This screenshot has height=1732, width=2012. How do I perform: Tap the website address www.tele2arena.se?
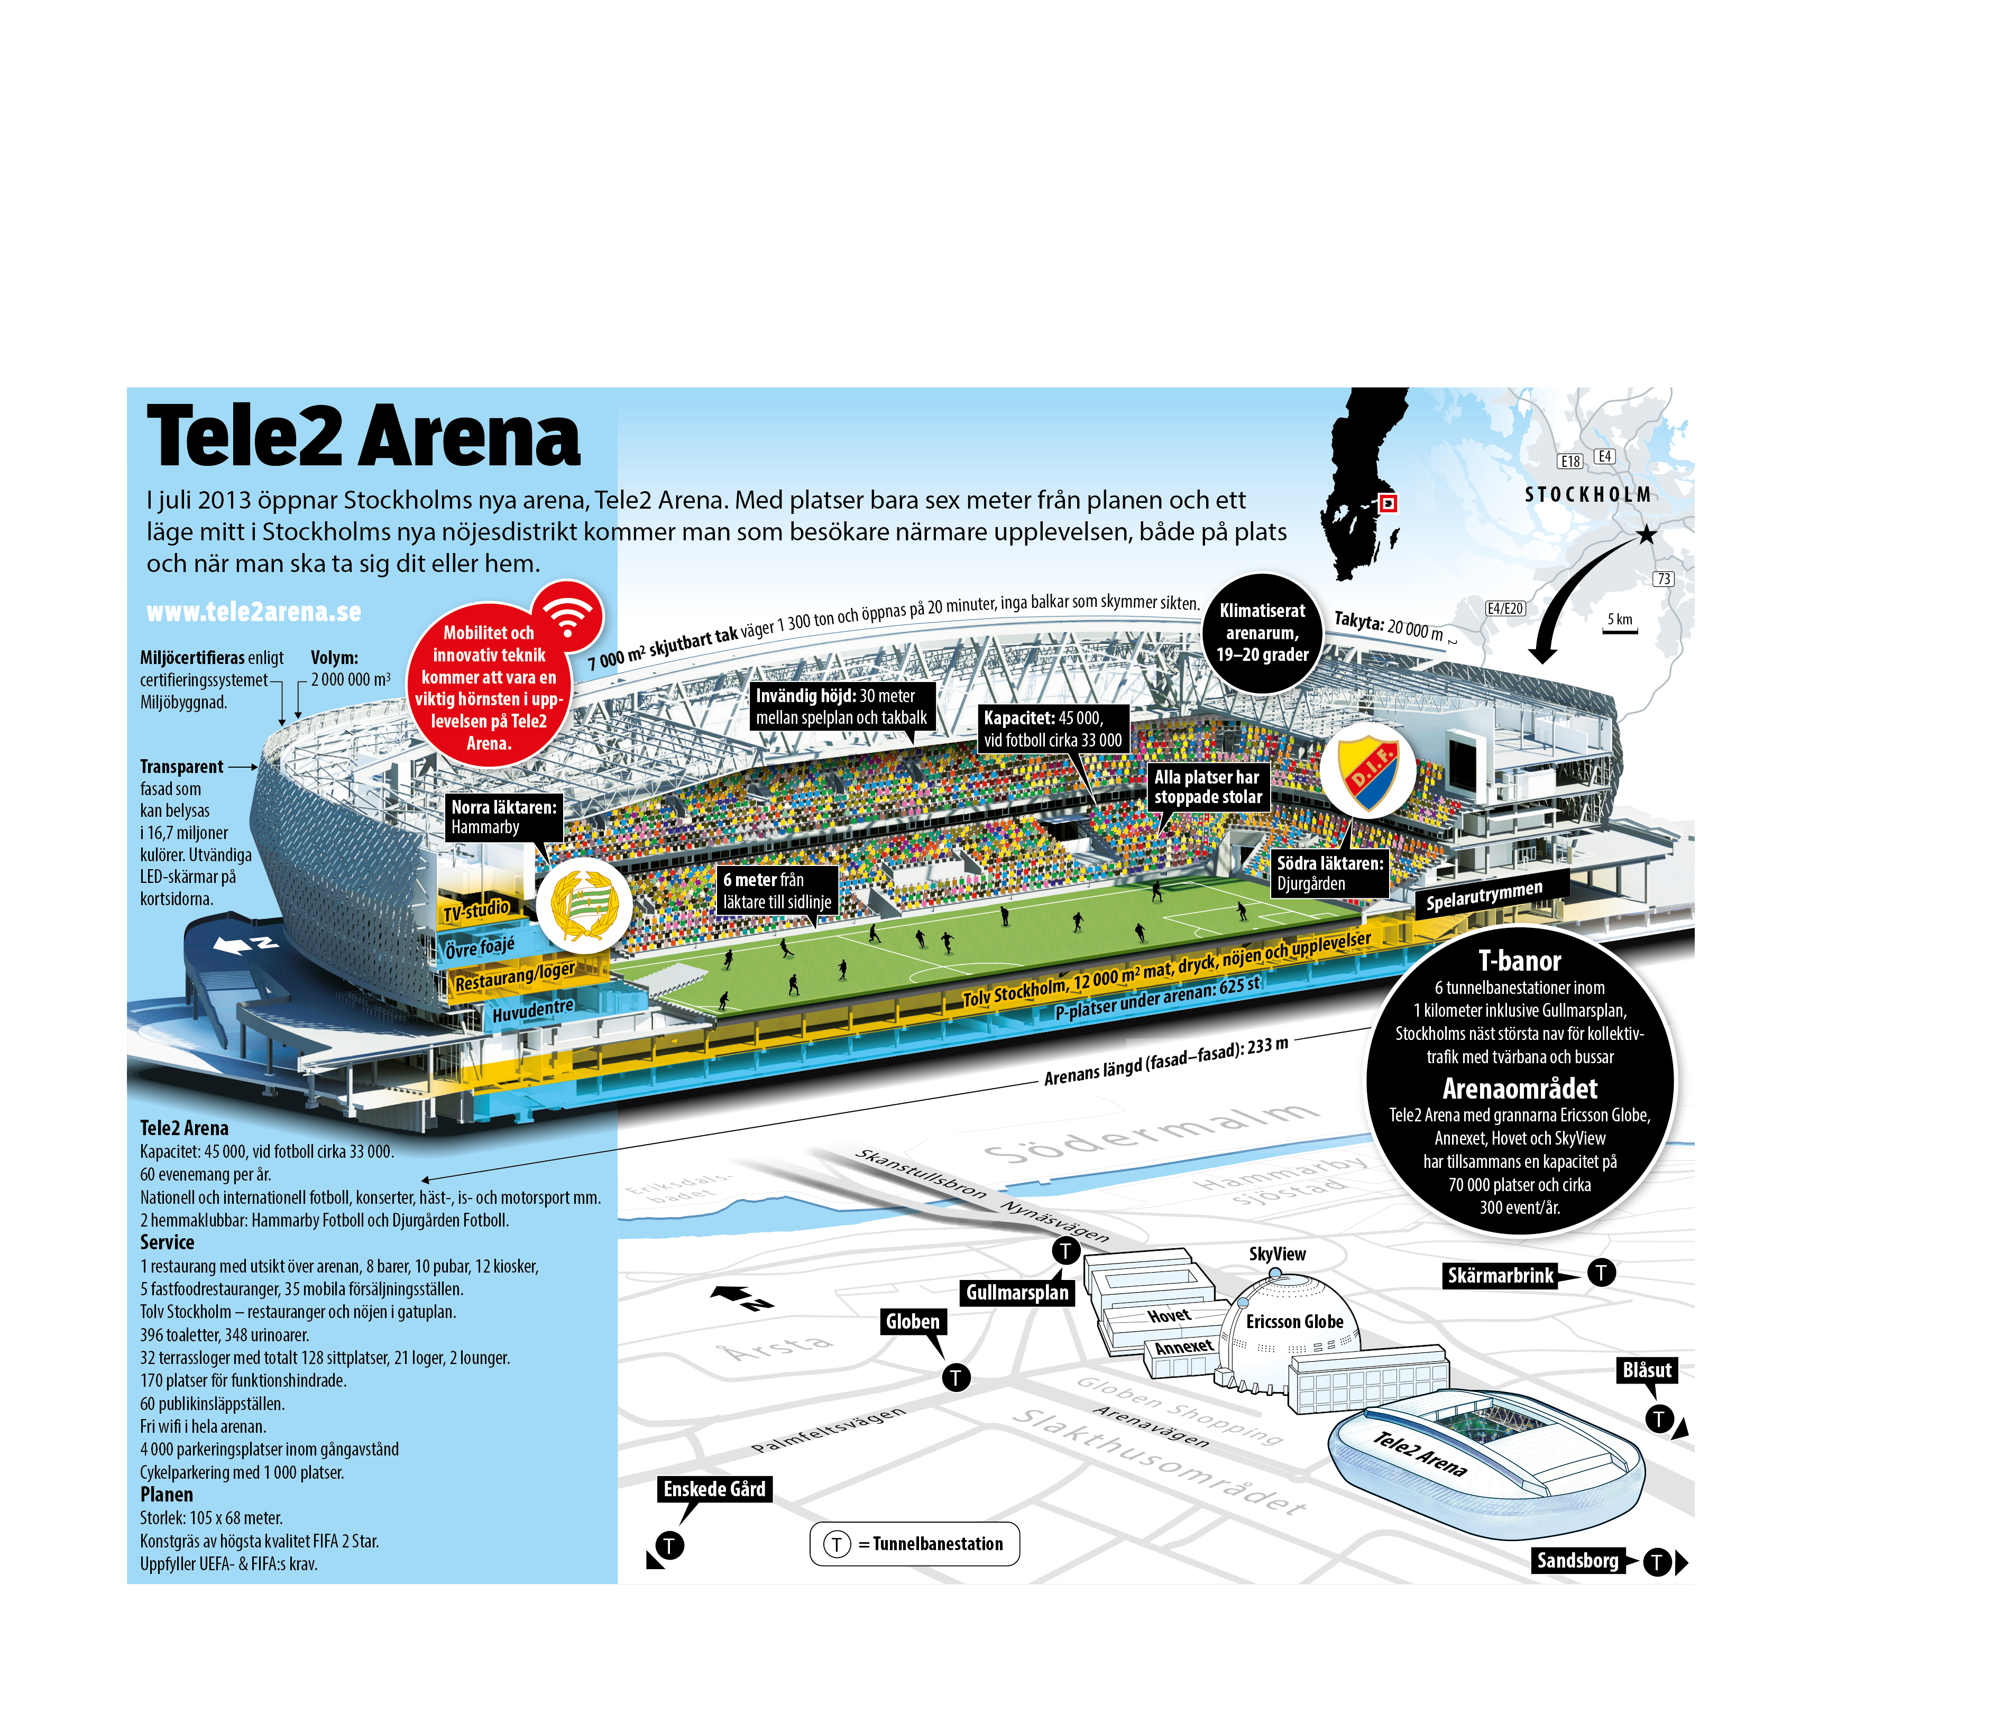[253, 612]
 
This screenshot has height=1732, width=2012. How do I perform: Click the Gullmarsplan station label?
[1017, 1292]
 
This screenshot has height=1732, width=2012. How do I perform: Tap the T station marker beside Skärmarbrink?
[1601, 1272]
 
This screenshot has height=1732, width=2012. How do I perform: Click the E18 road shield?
[1570, 461]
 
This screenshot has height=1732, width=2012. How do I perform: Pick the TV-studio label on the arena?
[477, 910]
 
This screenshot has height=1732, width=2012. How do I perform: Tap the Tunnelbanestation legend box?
[915, 1544]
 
